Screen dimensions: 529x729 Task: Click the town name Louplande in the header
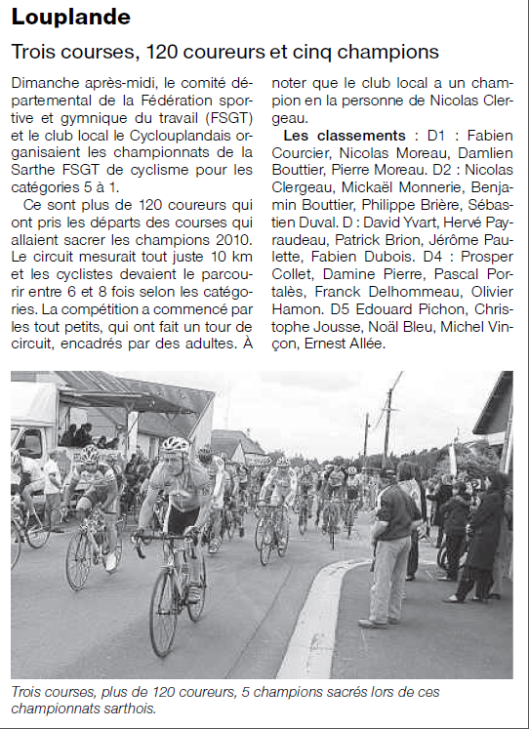70,18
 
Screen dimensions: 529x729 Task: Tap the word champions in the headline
388,51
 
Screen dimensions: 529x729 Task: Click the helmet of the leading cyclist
176,445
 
